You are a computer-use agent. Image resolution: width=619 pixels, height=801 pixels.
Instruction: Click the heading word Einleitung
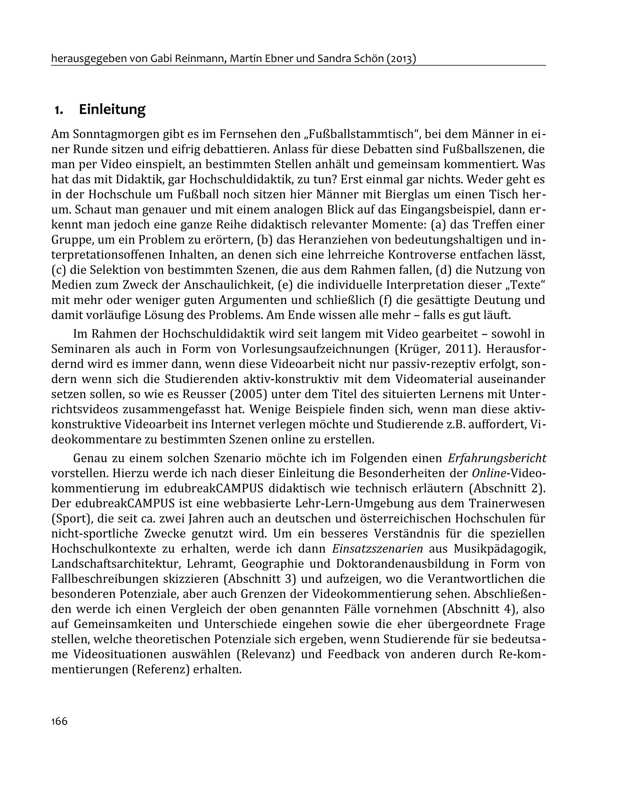112,109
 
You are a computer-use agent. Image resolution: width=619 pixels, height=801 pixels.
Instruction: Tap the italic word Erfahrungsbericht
497,458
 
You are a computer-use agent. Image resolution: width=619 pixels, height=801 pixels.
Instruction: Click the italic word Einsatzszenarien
378,549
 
